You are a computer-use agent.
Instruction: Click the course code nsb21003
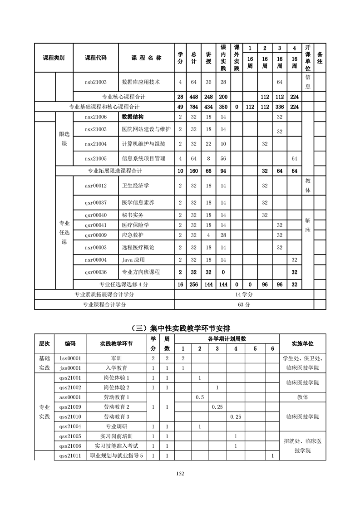[95, 82]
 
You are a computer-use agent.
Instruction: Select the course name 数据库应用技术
[141, 82]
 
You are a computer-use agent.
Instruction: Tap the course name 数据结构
[133, 117]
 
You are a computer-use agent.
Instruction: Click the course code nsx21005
[95, 158]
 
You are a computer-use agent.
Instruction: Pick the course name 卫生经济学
[135, 186]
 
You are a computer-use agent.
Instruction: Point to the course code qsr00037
[95, 202]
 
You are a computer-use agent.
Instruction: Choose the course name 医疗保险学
[135, 225]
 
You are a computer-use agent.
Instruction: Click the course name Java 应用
[133, 260]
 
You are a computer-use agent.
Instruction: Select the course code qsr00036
[95, 272]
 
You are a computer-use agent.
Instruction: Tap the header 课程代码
[95, 58]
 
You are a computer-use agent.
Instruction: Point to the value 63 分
[244, 305]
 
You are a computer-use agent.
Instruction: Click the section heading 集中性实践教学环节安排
[180, 328]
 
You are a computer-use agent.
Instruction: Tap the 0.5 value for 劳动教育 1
[199, 397]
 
